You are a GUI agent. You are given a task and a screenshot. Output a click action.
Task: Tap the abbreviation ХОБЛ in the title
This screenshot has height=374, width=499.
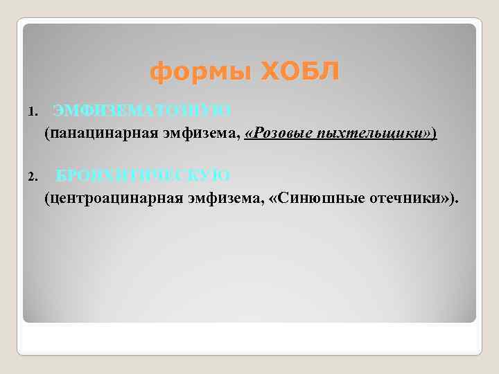click(299, 71)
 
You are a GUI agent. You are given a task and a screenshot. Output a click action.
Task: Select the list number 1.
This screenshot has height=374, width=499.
click(32, 111)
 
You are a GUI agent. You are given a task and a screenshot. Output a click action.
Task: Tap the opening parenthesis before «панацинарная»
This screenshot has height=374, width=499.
click(47, 133)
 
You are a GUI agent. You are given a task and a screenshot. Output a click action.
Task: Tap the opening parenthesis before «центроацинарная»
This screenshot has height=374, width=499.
click(47, 199)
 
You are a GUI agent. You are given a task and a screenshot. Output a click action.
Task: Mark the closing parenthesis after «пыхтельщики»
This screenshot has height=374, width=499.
click(435, 133)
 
